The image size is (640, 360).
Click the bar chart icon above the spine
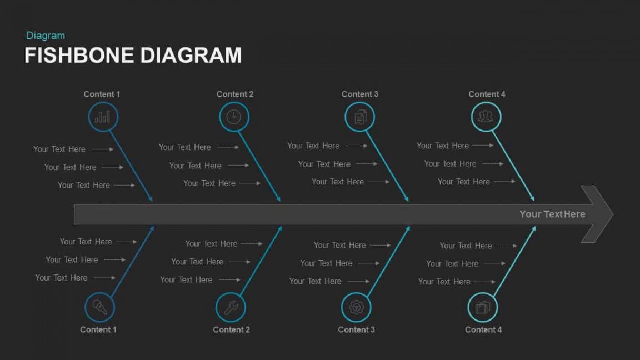pos(102,117)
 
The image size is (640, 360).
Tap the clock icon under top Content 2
pos(233,117)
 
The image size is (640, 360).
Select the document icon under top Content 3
pos(359,117)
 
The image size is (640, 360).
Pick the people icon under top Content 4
pos(486,117)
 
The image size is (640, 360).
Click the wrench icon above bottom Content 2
pos(231,307)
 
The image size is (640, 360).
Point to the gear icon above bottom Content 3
pos(356,307)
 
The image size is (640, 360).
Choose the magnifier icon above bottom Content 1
pos(99,307)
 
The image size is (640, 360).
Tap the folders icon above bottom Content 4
pos(482,307)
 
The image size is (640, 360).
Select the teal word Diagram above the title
pos(46,36)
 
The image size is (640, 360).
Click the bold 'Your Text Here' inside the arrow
pos(552,214)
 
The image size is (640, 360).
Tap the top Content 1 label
pos(102,94)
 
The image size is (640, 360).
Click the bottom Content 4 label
pos(483,330)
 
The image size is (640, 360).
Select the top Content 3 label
pos(360,94)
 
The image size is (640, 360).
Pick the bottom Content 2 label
pos(232,330)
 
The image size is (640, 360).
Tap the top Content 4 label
pos(487,94)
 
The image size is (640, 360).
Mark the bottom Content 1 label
pos(98,330)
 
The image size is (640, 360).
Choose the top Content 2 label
pos(235,94)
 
